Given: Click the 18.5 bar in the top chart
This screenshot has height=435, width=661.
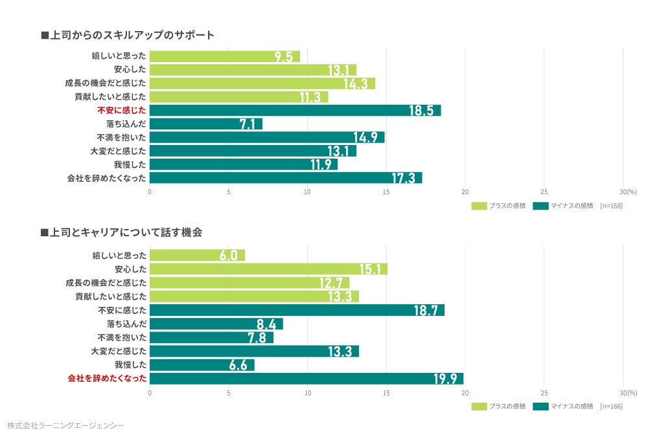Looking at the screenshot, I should [x=295, y=110].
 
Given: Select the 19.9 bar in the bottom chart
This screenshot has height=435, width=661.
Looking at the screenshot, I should [x=307, y=378].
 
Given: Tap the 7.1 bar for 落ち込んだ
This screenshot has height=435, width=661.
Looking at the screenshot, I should [x=206, y=124].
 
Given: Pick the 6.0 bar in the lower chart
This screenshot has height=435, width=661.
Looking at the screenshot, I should [x=197, y=255].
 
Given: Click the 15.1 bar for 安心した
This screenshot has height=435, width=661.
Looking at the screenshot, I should [x=268, y=269].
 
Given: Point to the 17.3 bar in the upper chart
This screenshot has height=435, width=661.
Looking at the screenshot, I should [x=286, y=178].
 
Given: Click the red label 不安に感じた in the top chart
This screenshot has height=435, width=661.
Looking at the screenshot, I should [x=122, y=110].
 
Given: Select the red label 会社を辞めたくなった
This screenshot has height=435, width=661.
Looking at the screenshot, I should [x=108, y=378].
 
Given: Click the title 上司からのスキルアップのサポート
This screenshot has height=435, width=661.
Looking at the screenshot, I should [x=127, y=35].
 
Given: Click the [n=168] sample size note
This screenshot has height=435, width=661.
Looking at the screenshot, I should [x=611, y=206].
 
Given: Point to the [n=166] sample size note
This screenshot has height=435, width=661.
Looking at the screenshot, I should [x=611, y=406].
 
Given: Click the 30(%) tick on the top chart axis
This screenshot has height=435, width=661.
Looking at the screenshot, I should [x=628, y=192].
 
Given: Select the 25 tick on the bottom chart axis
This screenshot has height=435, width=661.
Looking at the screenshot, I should [x=544, y=392].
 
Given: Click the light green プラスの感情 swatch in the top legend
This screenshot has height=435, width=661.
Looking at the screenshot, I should [x=479, y=206].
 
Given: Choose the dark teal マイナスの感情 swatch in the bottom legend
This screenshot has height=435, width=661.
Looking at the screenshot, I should [x=540, y=406].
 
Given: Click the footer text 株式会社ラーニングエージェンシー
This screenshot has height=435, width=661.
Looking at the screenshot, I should [x=65, y=425].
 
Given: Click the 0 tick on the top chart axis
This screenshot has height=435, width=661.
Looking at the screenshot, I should [x=150, y=192].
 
